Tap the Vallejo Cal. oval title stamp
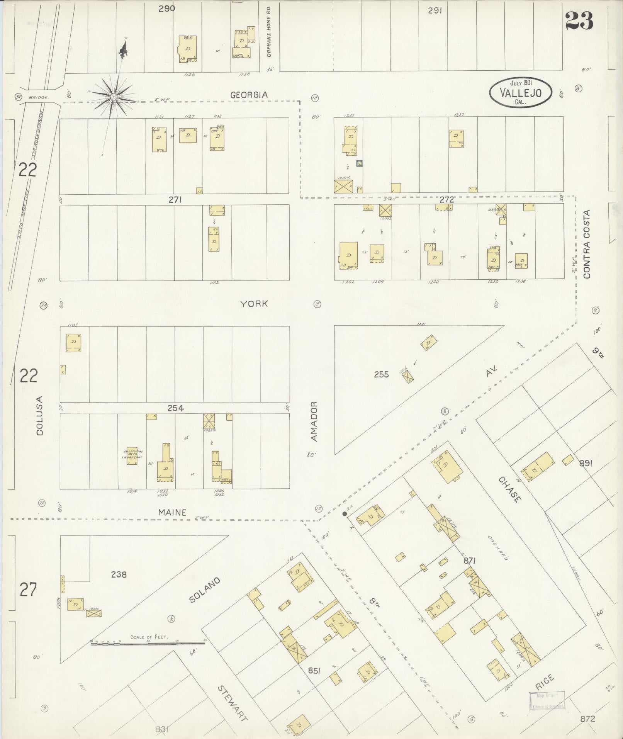coord(520,92)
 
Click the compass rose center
coord(114,96)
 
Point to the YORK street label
coord(254,304)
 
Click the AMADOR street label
coord(314,421)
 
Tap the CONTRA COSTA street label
coord(587,244)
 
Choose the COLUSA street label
coord(39,416)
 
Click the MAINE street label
coord(172,512)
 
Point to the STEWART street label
coord(231,703)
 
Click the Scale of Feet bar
coord(148,643)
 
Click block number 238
coord(119,574)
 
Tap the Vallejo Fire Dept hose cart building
coord(132,455)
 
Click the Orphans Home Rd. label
coord(269,32)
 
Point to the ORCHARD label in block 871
coord(497,548)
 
